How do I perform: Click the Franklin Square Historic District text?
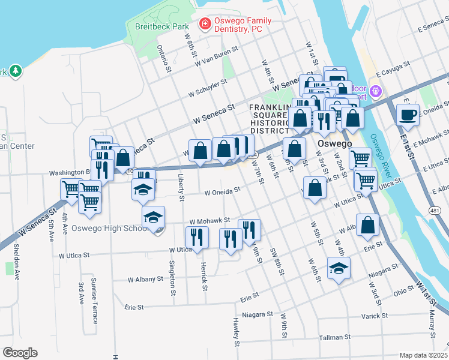coord(270,119)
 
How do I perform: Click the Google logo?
coord(20,352)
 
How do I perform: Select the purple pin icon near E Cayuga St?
coord(376,92)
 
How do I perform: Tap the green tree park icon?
coord(16,71)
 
